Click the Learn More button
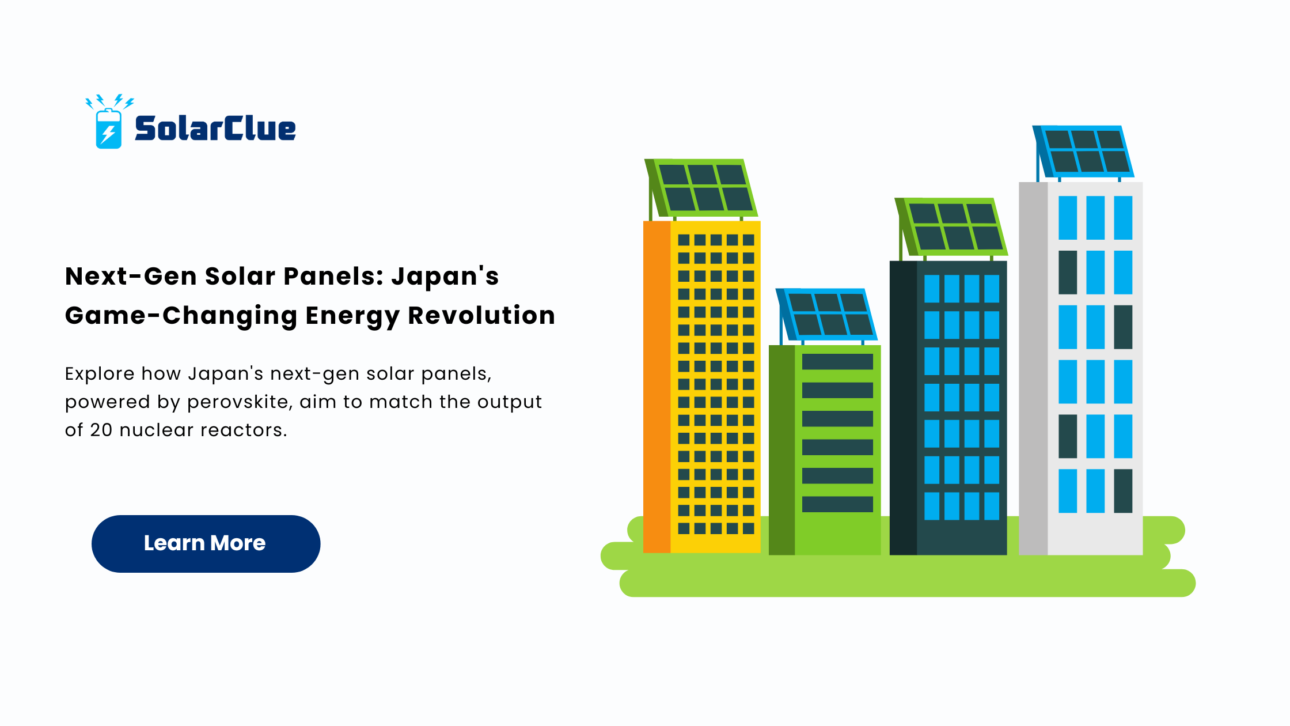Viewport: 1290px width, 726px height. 206,543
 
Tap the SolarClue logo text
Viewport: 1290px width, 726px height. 215,128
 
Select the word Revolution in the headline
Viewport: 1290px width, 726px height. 481,316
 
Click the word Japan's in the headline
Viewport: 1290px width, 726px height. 445,276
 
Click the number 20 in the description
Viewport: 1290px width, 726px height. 101,430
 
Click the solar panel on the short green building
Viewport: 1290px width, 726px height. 826,315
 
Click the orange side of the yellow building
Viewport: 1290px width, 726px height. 657,387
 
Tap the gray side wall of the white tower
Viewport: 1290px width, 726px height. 1033,369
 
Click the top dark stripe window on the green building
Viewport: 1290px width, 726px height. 837,362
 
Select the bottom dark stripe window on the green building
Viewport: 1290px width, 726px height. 837,504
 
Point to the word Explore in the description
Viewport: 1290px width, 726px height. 100,374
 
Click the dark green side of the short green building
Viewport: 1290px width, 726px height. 782,450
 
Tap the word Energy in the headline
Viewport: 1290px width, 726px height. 352,316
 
